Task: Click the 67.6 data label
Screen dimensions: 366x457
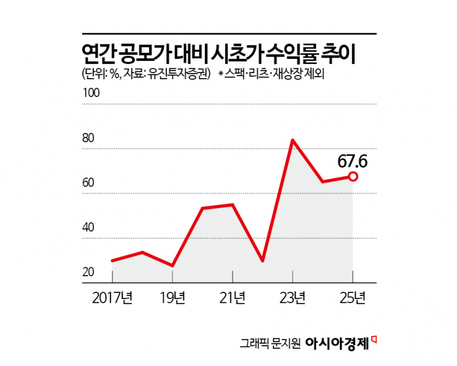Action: (352, 161)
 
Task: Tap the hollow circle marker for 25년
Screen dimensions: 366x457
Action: (353, 176)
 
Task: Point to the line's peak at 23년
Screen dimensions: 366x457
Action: (293, 140)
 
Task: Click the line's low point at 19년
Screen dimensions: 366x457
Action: (172, 266)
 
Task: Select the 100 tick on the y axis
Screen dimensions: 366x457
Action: (90, 93)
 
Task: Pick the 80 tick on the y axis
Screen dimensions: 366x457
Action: (88, 138)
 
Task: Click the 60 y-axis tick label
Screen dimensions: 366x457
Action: (88, 182)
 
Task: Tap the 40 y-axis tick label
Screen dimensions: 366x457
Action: (88, 227)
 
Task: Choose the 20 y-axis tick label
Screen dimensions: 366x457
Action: (88, 272)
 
